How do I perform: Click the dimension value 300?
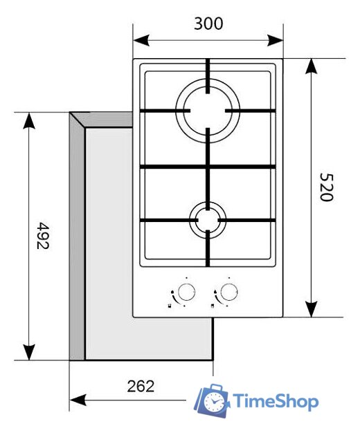coord(208,24)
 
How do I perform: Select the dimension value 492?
coord(43,237)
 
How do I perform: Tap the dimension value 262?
coord(141,386)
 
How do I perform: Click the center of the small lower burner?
coord(208,221)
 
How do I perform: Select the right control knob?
coord(229,290)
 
